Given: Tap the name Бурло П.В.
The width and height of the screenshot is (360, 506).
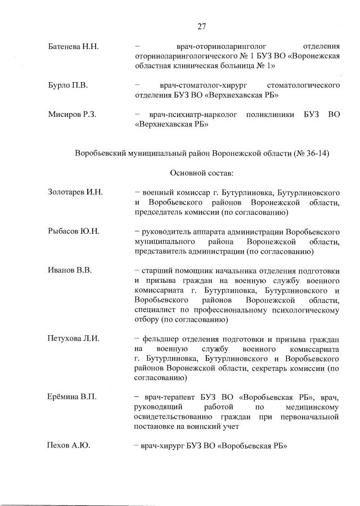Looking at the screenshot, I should (x=67, y=85).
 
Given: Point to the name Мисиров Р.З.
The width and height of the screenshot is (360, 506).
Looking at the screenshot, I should (x=72, y=115).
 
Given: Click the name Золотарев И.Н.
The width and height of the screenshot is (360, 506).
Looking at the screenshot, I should (x=75, y=193).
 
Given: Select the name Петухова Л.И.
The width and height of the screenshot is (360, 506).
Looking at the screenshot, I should (x=73, y=338).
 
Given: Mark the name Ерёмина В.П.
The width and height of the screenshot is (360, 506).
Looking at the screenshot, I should (x=72, y=397).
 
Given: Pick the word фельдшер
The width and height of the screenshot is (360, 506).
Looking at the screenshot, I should (x=160, y=338).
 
